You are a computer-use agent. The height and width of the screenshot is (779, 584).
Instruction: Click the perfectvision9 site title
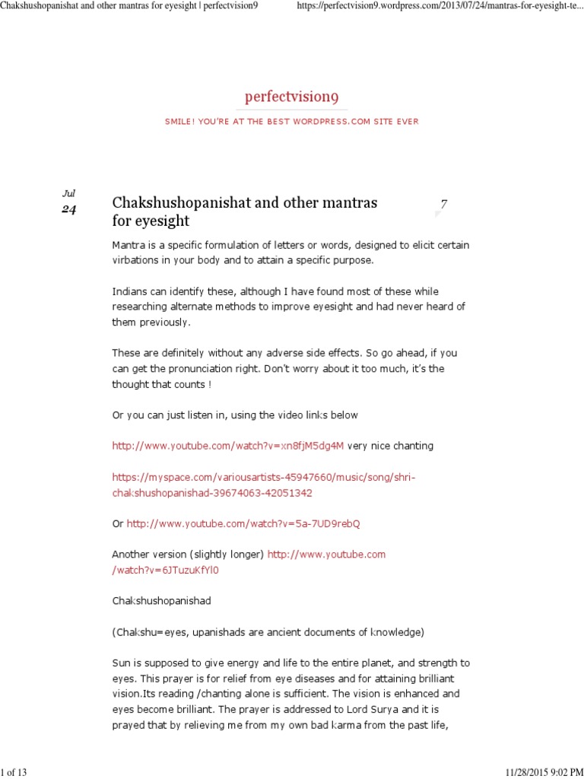click(x=291, y=97)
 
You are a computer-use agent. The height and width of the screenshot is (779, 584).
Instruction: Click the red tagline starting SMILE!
click(x=291, y=122)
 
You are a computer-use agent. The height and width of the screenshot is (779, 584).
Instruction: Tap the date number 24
click(x=68, y=210)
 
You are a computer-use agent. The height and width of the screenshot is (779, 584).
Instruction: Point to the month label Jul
click(x=68, y=194)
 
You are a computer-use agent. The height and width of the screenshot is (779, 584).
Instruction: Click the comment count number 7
click(x=443, y=204)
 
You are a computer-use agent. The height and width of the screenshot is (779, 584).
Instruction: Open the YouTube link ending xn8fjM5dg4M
click(x=227, y=446)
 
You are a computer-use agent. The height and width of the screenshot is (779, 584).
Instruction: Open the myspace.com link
click(x=264, y=485)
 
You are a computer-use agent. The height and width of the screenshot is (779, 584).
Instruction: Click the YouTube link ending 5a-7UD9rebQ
click(x=243, y=524)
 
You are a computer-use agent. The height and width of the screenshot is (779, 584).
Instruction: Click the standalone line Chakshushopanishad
click(x=161, y=600)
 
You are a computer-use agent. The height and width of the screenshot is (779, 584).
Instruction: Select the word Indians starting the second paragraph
click(x=130, y=291)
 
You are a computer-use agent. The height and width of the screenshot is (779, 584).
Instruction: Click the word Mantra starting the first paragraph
click(x=129, y=244)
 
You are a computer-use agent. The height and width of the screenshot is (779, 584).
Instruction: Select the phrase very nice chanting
click(x=390, y=446)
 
